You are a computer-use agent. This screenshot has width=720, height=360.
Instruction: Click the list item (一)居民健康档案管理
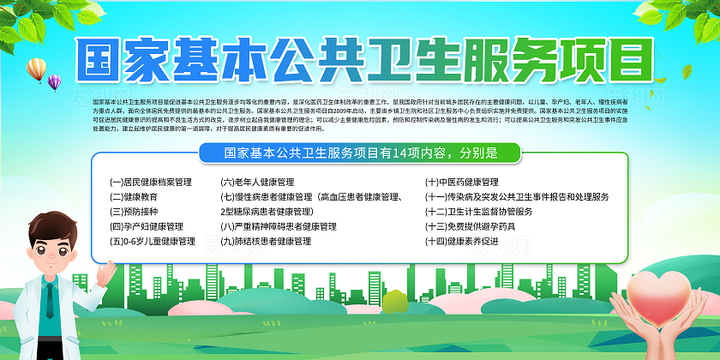[x=151, y=183]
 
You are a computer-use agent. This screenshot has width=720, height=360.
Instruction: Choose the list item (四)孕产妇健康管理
[x=147, y=227]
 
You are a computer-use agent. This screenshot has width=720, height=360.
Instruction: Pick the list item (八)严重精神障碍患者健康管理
[x=279, y=227]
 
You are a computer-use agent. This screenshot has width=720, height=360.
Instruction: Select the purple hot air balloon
[x=55, y=82]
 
